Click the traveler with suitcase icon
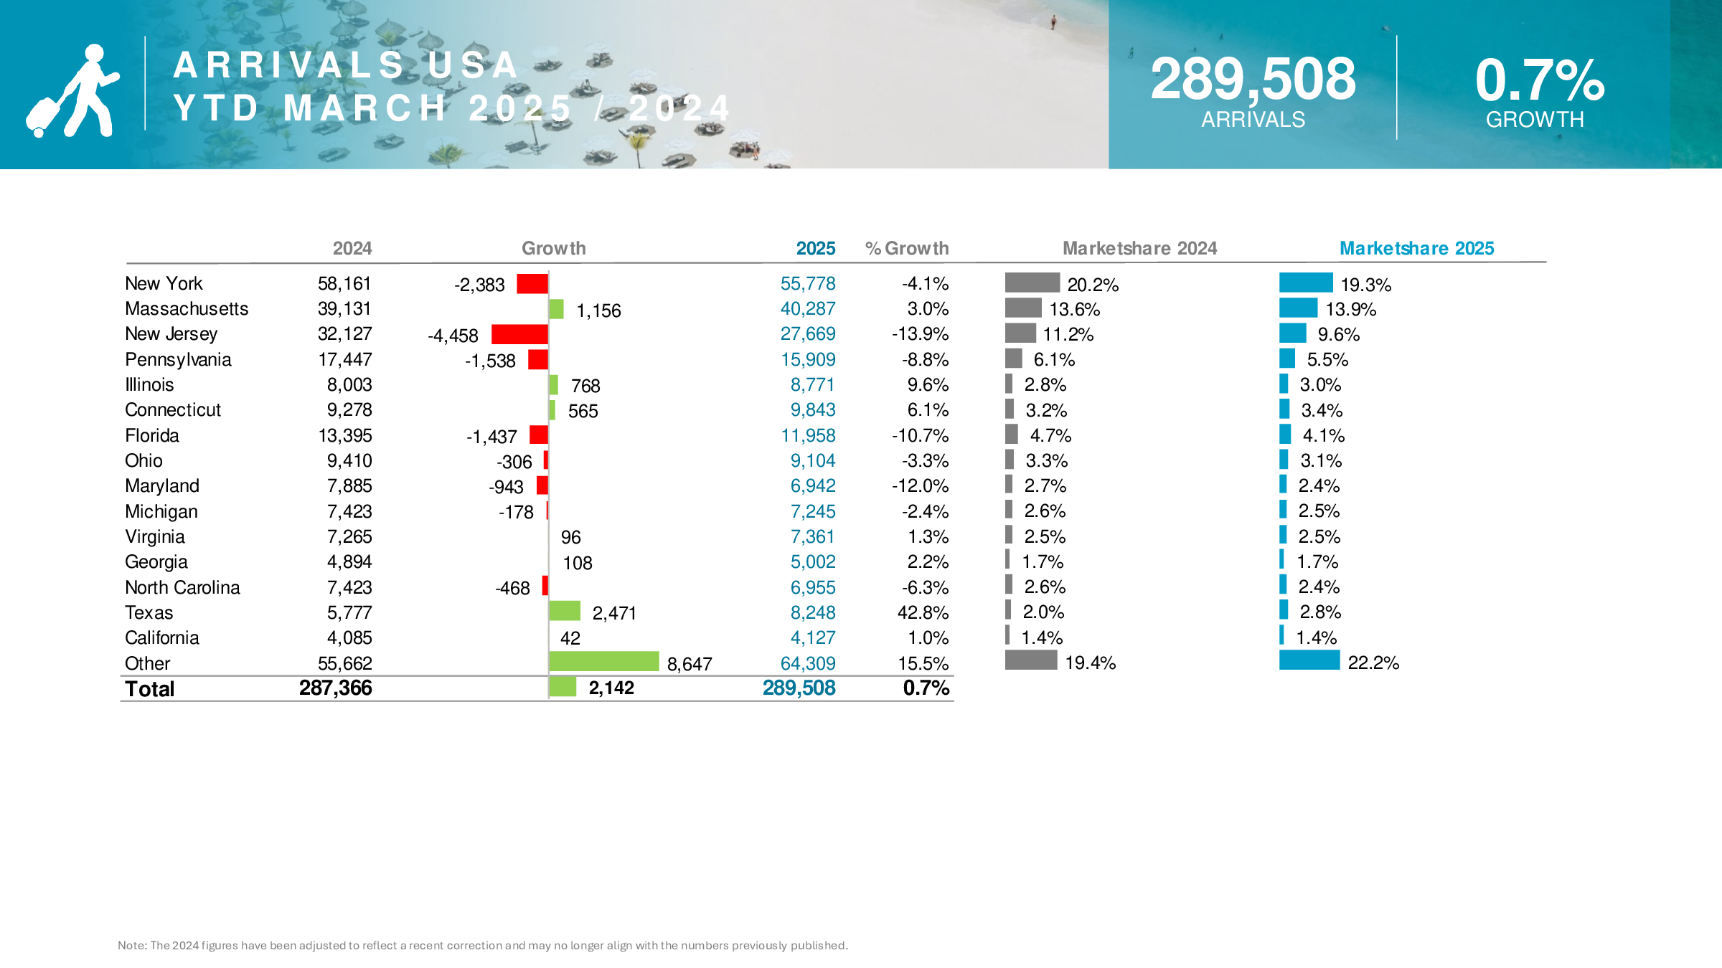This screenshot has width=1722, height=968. pos(72,91)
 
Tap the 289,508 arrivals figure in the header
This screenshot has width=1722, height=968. pos(1253,79)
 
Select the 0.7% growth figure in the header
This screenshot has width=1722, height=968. pos(1539,80)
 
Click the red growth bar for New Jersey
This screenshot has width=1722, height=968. pos(519,334)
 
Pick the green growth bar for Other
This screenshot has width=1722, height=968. pos(603,661)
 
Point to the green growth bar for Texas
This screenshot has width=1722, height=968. pos(564,611)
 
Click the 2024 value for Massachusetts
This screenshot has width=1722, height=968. pos(344,309)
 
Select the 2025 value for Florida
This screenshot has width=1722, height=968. pos(808,436)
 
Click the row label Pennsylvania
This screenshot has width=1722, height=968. pos(178,360)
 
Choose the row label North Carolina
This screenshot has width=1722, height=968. pos(182,588)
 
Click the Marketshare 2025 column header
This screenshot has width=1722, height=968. pos(1416,248)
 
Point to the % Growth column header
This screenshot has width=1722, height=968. pos(907,248)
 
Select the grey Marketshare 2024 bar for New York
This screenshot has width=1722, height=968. pos(1032,283)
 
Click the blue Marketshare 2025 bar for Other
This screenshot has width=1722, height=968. pos(1309,660)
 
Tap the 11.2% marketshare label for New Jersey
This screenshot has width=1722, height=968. pos(1068,335)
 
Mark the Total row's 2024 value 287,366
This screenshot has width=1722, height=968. pos(335,688)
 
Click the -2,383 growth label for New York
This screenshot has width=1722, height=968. pos(479,285)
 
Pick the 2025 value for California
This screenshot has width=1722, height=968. pos(813,638)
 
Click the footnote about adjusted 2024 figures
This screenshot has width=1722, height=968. pos(482,945)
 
